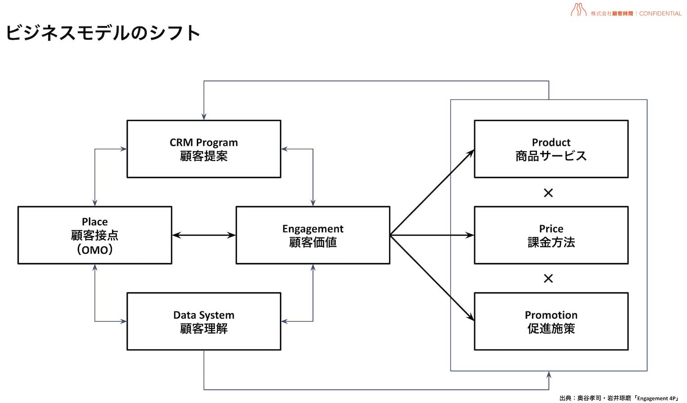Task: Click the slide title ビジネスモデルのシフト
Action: (x=102, y=33)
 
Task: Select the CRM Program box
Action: (x=204, y=149)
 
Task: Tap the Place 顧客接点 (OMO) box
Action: (x=94, y=235)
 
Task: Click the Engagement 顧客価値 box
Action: (x=313, y=235)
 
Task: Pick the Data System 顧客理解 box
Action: (x=204, y=321)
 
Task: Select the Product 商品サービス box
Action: (x=551, y=149)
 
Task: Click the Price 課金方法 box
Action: (x=551, y=235)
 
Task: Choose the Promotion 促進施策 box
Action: (x=551, y=321)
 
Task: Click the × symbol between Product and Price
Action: (x=548, y=193)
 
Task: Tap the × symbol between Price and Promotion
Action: (x=548, y=279)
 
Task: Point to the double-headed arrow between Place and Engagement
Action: (x=204, y=235)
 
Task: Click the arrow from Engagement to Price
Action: (x=431, y=235)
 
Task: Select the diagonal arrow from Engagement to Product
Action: (x=431, y=193)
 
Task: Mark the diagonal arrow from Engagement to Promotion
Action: (x=431, y=277)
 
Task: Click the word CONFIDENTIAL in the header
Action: (x=660, y=13)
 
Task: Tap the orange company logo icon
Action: (x=578, y=10)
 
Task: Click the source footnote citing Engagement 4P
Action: (x=619, y=398)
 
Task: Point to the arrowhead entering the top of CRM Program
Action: (x=204, y=116)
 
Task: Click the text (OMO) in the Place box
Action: (x=94, y=250)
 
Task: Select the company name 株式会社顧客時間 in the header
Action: (x=612, y=13)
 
